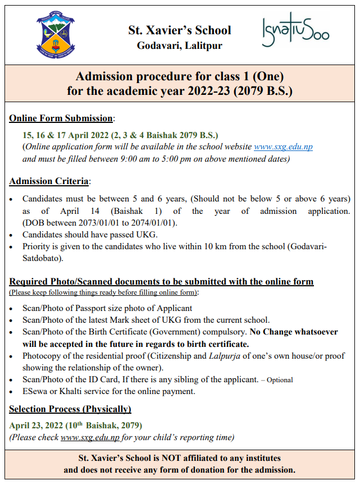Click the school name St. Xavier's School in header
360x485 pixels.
click(179, 30)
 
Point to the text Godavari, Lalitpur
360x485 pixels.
click(179, 45)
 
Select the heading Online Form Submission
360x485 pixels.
click(61, 118)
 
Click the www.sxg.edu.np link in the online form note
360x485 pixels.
click(283, 147)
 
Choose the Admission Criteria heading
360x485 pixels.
click(49, 181)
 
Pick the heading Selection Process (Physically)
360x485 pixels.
click(70, 409)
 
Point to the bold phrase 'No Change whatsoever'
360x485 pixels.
click(294, 332)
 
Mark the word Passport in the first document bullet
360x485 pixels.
click(89, 308)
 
